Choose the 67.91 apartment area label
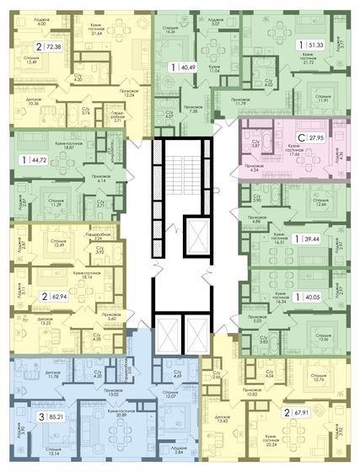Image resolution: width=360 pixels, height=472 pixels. click(318, 413)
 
